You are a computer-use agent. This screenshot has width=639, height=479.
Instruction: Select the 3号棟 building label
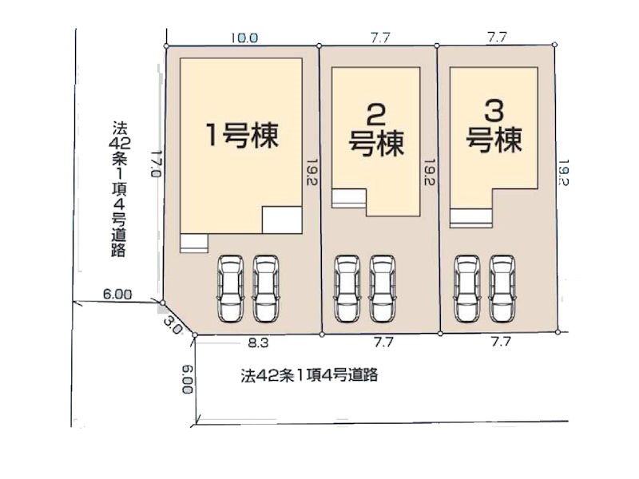pyautogui.click(x=494, y=127)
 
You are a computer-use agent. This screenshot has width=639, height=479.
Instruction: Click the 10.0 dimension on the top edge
pyautogui.click(x=244, y=38)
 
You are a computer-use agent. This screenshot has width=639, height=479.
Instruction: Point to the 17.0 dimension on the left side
pyautogui.click(x=156, y=164)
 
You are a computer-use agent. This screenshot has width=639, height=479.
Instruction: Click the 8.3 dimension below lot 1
pyautogui.click(x=258, y=343)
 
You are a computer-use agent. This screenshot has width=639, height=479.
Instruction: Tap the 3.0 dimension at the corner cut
pyautogui.click(x=173, y=326)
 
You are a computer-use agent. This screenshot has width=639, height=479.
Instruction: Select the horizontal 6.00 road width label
pyautogui.click(x=117, y=294)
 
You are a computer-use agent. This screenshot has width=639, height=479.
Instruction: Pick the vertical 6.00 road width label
pyautogui.click(x=188, y=378)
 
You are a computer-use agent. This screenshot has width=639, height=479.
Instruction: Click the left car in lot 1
pyautogui.click(x=230, y=289)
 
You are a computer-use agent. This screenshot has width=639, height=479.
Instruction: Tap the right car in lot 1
pyautogui.click(x=266, y=289)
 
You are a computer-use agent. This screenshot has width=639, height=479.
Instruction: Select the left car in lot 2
pyautogui.click(x=347, y=289)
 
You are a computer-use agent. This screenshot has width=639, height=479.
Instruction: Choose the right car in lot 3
pyautogui.click(x=502, y=289)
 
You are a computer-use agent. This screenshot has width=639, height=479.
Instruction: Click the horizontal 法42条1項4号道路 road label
pyautogui.click(x=309, y=374)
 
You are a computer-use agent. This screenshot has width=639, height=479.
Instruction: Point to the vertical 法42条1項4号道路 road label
pyautogui.click(x=118, y=188)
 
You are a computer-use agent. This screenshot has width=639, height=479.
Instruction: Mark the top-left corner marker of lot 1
pyautogui.click(x=166, y=46)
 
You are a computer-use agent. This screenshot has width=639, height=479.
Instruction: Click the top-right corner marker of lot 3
pyautogui.click(x=554, y=45)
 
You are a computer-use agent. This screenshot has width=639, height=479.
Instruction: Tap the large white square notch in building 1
pyautogui.click(x=282, y=220)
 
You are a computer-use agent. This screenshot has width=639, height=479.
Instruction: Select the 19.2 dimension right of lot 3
pyautogui.click(x=563, y=172)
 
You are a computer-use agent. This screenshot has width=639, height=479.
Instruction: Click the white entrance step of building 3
pyautogui.click(x=471, y=218)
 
